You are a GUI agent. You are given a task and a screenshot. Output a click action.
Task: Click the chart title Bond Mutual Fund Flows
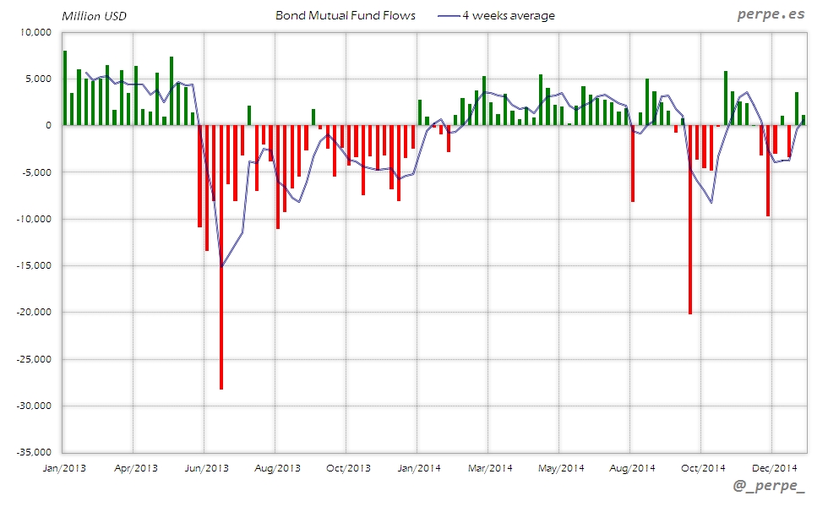tap(346, 15)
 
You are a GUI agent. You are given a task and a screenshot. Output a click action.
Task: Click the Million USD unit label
tap(95, 16)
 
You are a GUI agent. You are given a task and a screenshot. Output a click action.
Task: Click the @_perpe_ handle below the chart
tap(769, 488)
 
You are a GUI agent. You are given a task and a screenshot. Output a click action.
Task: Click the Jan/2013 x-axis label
tap(63, 467)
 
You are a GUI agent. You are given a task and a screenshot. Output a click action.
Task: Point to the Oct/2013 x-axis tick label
tap(348, 467)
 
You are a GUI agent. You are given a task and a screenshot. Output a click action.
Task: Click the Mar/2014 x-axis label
tap(490, 467)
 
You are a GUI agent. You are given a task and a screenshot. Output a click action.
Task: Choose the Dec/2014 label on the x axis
tap(775, 467)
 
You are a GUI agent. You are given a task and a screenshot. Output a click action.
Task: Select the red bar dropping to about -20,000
tap(690, 220)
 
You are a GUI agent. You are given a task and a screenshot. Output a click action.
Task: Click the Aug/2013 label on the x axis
tap(277, 467)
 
